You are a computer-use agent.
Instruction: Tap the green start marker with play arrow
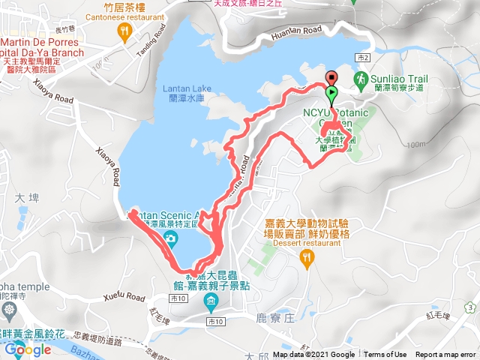coord(331,92)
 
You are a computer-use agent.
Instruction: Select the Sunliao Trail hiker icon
coord(361,78)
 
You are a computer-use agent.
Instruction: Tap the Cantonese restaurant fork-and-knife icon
coord(124,31)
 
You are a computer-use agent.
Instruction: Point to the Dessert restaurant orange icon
coord(306,259)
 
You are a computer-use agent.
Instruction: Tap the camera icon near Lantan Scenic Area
coord(172,238)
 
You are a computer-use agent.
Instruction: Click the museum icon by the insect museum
coord(211,302)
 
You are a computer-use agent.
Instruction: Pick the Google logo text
coord(28,349)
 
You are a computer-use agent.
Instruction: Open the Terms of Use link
coord(385,355)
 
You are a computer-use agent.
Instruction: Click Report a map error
coord(447,355)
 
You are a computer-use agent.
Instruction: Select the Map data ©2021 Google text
coord(313,355)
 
